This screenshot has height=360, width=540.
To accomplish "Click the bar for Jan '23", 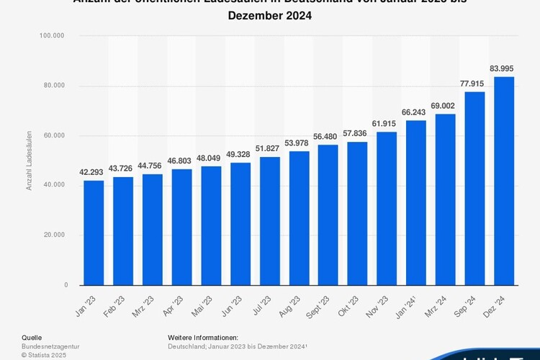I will tap(94, 233).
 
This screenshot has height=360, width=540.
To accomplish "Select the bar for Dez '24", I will tap(504, 181).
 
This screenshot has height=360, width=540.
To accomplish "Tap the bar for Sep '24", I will tap(474, 189).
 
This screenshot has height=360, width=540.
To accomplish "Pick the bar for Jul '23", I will tap(270, 221).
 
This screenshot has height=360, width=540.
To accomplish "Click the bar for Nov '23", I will tap(387, 208).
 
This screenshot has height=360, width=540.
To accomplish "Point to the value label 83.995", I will tap(504, 68).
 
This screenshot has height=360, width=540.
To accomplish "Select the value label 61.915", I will tap(387, 123).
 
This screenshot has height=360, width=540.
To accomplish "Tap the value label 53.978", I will tap(299, 143).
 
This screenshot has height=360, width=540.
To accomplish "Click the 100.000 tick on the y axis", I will tap(53, 36).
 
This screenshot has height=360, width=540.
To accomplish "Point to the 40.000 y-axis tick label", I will tap(55, 186).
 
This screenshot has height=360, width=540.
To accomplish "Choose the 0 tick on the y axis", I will tap(66, 285).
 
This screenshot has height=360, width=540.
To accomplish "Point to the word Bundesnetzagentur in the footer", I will tap(50, 346).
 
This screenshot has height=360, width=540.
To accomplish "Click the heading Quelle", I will tap(32, 337).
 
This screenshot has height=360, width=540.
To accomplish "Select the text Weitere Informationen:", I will tap(202, 337).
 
